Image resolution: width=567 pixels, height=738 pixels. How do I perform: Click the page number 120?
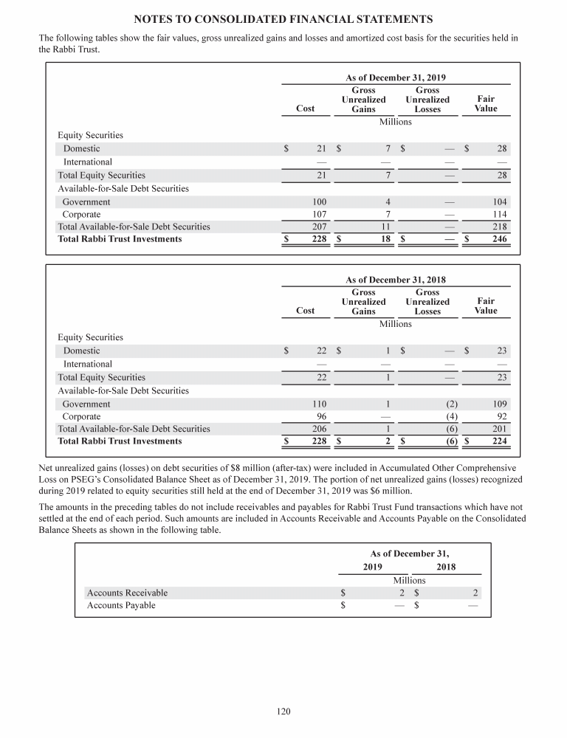point(283,711)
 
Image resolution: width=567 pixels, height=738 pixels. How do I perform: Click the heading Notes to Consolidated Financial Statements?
point(283,18)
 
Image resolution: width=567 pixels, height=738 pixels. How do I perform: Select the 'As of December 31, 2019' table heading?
point(396,77)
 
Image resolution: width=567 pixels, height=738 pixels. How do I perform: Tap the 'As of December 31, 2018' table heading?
point(396,280)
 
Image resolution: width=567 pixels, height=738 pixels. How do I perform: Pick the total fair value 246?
point(499,239)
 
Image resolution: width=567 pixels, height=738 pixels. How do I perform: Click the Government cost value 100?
point(319,201)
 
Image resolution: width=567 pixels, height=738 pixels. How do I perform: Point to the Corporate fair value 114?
point(499,214)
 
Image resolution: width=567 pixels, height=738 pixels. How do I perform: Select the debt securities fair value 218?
point(499,227)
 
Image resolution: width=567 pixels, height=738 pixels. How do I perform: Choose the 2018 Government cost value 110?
point(319,404)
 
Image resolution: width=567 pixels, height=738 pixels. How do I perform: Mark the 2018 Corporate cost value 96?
point(321,416)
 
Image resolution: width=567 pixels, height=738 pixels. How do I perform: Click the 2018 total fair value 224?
point(499,441)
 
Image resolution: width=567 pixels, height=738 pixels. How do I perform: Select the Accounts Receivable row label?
point(127,593)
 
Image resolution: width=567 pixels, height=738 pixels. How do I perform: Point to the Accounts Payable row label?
point(121,605)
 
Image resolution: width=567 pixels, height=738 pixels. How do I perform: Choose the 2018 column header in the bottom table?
point(446,567)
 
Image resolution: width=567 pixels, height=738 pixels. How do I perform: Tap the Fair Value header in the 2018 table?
point(486,306)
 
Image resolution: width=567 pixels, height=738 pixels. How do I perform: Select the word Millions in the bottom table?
point(409,580)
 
